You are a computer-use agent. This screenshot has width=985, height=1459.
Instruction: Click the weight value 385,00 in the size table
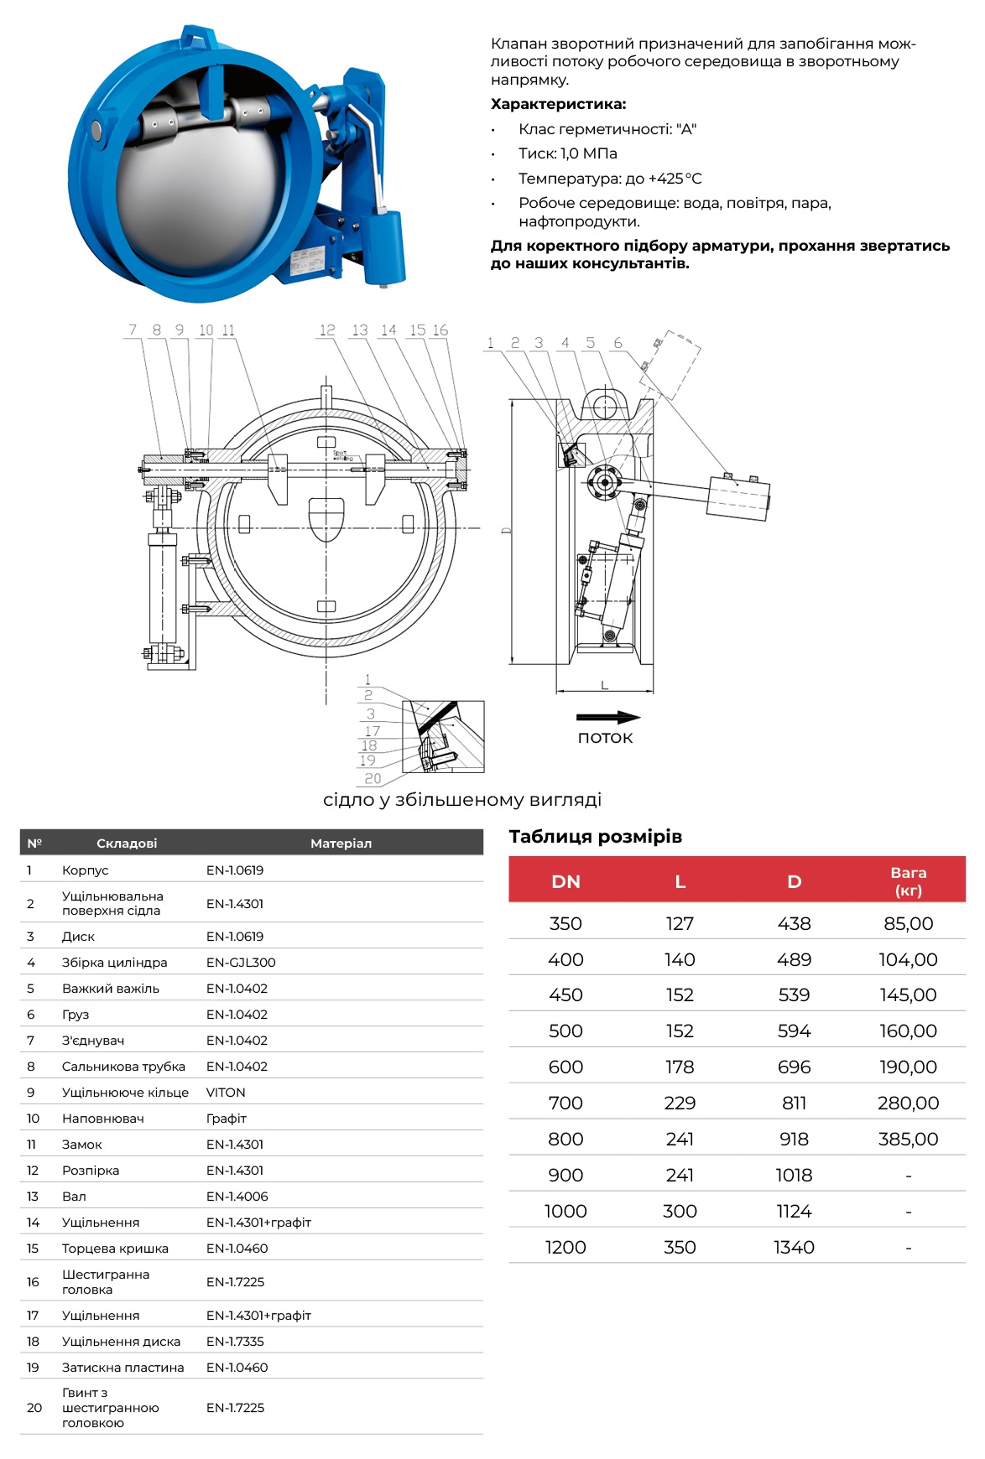[908, 1139]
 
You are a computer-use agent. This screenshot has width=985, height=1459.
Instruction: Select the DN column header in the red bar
[565, 881]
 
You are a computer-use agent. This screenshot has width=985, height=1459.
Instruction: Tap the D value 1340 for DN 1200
[794, 1247]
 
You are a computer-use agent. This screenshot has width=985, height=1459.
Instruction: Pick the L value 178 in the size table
[680, 1067]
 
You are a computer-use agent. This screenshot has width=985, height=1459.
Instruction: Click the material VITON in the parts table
[226, 1093]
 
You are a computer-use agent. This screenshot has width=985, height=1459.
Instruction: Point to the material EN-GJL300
[241, 963]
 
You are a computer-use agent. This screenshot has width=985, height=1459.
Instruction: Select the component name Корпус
[85, 870]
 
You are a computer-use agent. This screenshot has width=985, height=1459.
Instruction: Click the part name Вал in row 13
[74, 1197]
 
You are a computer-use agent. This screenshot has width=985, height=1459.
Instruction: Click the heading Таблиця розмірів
[595, 836]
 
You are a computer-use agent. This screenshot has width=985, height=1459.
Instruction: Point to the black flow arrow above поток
[608, 718]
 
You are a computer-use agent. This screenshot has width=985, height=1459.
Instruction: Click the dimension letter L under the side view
[604, 686]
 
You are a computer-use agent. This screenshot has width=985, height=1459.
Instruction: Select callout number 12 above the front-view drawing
[327, 330]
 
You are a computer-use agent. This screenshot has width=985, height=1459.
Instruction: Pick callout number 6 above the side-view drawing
[618, 343]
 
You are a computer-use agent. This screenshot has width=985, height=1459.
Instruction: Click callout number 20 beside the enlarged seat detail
[373, 778]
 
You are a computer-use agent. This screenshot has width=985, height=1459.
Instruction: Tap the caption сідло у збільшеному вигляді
[462, 800]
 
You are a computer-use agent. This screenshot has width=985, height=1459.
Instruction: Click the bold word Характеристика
[558, 104]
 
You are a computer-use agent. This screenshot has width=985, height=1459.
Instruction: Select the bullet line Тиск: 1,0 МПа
[567, 153]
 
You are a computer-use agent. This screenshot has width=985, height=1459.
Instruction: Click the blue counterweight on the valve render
[383, 247]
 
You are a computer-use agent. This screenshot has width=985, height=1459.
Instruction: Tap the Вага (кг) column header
[908, 881]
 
